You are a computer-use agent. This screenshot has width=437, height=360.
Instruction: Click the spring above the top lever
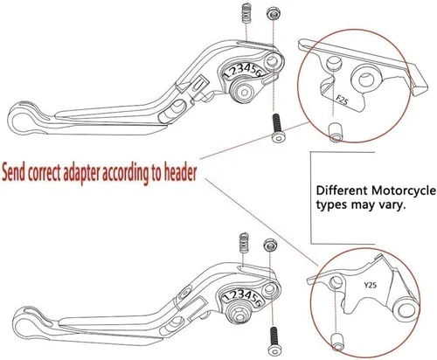246,14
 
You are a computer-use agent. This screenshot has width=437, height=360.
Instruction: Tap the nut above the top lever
273,13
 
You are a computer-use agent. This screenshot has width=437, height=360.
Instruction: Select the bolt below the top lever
276,128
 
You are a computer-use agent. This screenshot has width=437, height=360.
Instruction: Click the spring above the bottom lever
244,243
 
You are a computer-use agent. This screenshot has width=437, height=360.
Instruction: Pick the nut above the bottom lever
269,245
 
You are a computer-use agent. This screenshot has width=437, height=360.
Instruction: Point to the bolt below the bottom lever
274,341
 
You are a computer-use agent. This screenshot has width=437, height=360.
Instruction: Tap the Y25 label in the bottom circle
370,285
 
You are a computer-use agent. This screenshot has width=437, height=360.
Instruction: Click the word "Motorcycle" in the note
404,191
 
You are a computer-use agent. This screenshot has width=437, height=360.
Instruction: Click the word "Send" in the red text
14,174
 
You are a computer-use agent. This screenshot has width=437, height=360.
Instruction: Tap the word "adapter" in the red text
81,175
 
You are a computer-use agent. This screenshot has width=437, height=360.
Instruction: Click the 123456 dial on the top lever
243,71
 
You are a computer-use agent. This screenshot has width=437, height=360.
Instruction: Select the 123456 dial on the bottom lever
241,297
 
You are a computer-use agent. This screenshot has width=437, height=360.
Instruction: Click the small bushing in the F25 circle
336,132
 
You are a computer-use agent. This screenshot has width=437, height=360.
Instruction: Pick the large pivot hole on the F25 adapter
365,80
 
